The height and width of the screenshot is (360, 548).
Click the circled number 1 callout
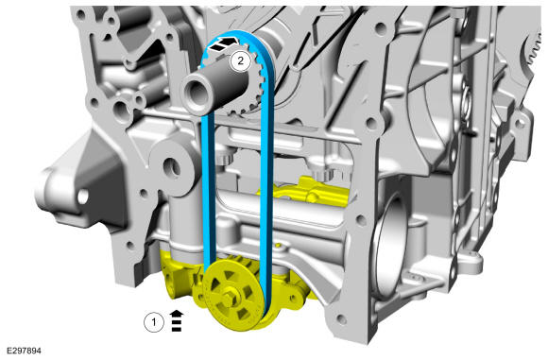154,322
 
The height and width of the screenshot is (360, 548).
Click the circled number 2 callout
240,60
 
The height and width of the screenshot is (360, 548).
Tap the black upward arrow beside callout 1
177,320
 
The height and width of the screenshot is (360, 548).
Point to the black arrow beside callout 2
222,44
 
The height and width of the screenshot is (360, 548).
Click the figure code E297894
24,351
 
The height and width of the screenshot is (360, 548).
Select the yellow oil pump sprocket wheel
232,299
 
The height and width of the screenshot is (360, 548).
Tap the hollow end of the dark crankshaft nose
197,93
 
